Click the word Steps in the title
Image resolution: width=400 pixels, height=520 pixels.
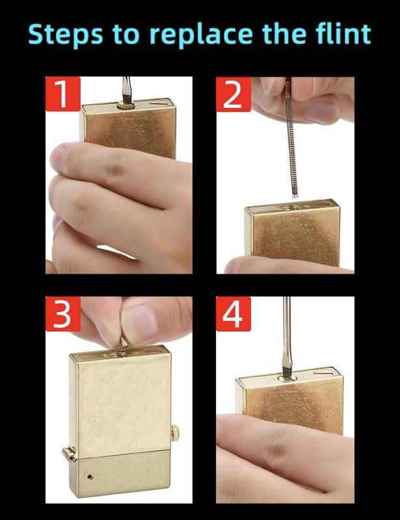[66, 35]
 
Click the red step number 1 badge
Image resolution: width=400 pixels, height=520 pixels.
[62, 94]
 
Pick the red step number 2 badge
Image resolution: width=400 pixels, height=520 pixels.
[233, 94]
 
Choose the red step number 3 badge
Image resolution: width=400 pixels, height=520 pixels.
[62, 314]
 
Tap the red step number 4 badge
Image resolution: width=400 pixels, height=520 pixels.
[233, 314]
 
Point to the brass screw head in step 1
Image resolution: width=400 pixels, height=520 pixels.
[126, 106]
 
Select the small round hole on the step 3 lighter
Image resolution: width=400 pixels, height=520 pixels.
[90, 477]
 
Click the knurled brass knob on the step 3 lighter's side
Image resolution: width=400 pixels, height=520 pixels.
[175, 433]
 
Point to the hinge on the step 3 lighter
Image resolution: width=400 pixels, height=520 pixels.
[70, 454]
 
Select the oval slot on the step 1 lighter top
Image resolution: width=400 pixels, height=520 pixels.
[160, 103]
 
